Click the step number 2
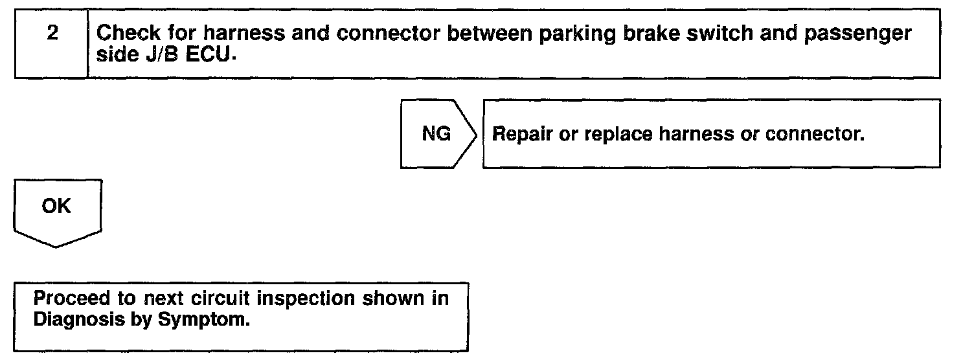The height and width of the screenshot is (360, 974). point(52,34)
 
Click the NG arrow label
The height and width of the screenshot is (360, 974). point(436,135)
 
